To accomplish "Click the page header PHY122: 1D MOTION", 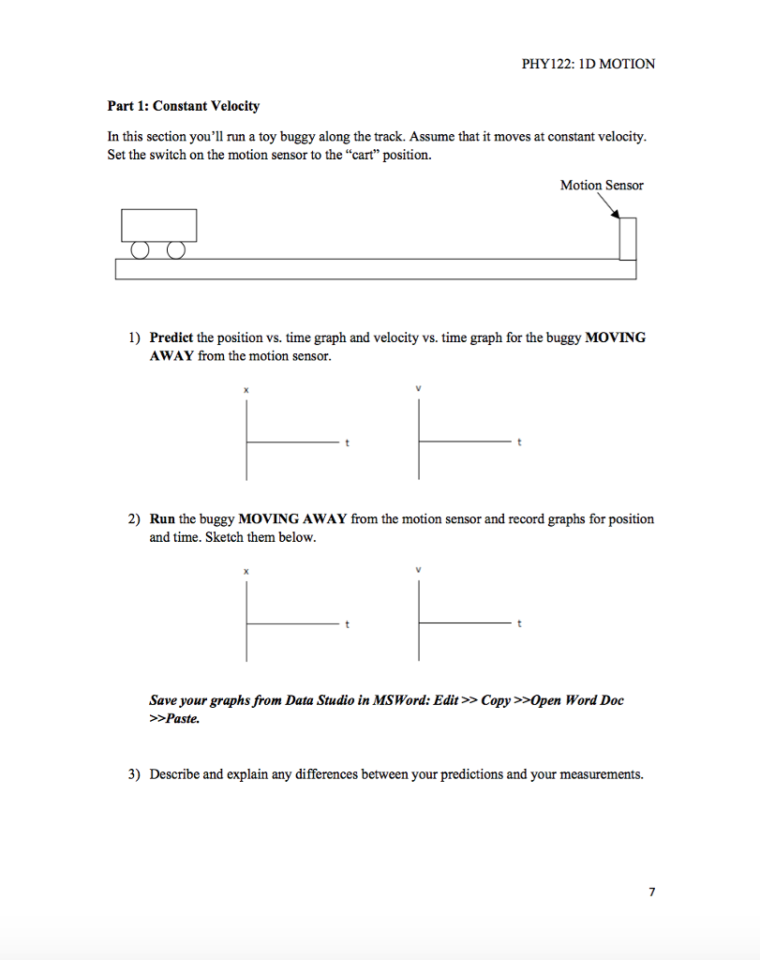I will point(588,64).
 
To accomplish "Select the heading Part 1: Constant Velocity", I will point(184,106).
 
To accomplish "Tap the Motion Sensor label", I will point(602,185).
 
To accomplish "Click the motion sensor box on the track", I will point(628,238).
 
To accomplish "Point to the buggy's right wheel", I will point(175,250).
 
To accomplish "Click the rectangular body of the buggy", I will point(158,225).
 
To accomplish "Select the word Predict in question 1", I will point(171,337).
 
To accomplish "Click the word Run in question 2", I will point(162,518).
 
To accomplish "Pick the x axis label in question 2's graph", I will point(247,571).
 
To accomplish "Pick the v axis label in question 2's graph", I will point(419,571).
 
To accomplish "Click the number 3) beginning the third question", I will point(136,774).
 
